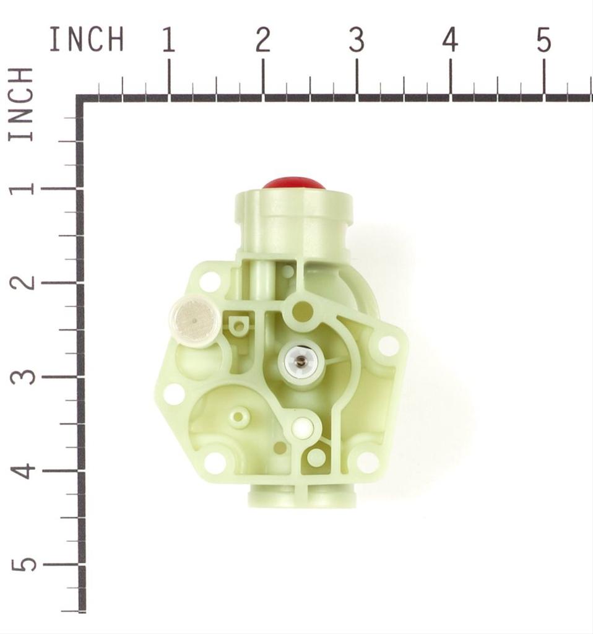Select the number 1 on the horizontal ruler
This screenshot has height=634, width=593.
[168, 40]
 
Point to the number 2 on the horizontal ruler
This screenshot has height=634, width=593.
[262, 40]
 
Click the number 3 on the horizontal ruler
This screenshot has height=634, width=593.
[357, 40]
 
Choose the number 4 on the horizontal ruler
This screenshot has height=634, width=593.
[450, 40]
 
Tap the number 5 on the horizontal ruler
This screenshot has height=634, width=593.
[544, 40]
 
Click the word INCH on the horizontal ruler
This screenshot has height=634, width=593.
[87, 39]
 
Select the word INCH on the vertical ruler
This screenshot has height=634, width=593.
[20, 104]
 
